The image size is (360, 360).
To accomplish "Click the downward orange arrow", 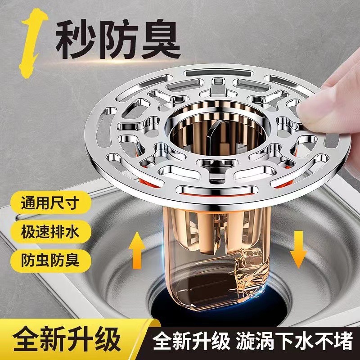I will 297,250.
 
